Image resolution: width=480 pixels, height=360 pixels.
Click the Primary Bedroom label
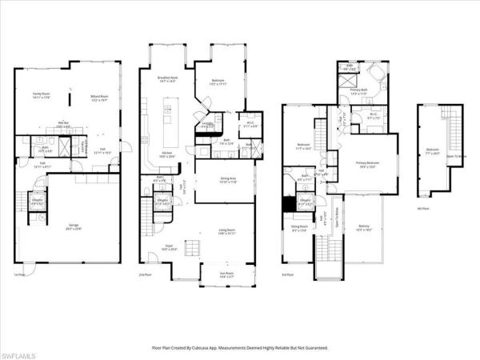coord(369,164)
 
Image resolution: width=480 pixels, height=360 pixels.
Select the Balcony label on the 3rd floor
coord(364,226)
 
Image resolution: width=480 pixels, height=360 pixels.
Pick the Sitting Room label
coord(299,229)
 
